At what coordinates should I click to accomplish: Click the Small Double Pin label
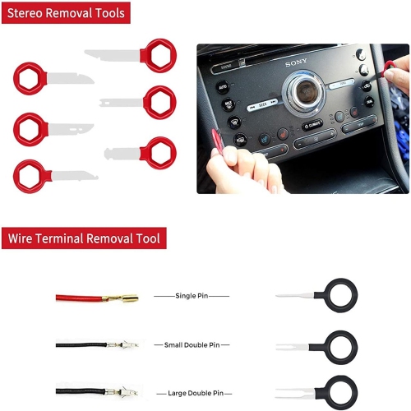coord(192,344)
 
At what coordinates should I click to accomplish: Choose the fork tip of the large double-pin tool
coord(284,392)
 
